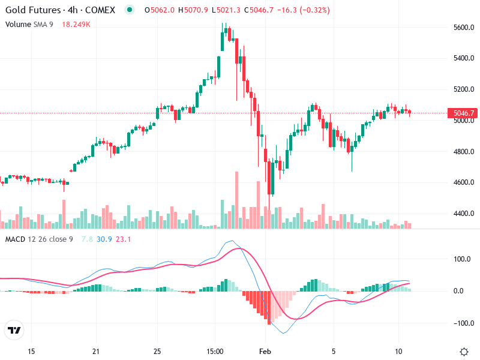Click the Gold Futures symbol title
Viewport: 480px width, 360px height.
(x=60, y=10)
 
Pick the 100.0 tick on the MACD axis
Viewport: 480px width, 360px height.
(x=461, y=260)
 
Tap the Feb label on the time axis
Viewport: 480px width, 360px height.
(x=265, y=351)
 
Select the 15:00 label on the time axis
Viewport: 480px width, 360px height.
(x=215, y=351)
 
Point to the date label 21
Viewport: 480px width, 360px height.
(x=96, y=351)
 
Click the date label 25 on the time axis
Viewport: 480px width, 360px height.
(x=157, y=351)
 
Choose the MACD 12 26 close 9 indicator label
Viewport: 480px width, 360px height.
(x=39, y=239)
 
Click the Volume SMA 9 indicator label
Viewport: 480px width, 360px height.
(x=29, y=24)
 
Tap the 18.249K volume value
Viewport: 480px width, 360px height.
(x=76, y=24)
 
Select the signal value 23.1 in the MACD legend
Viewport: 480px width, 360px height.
(x=123, y=239)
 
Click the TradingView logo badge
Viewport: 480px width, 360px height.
(x=14, y=330)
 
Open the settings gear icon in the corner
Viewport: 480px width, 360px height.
(x=464, y=352)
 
